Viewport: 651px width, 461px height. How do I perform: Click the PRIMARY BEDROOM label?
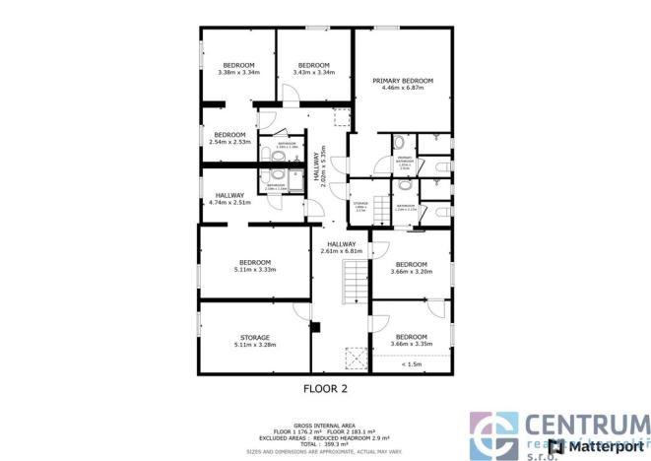[403, 80]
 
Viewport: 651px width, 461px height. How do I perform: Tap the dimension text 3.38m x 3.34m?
[237, 72]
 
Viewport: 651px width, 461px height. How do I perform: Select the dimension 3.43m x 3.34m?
[314, 72]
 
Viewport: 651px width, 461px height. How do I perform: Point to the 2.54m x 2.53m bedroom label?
[229, 142]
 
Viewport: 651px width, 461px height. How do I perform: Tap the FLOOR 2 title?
[325, 388]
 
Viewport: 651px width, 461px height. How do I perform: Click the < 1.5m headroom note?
[412, 365]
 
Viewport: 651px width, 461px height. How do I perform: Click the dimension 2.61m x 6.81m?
[342, 251]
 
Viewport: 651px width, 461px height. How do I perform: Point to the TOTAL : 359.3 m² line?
[325, 444]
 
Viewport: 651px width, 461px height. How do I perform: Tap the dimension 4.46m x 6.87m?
[403, 87]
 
